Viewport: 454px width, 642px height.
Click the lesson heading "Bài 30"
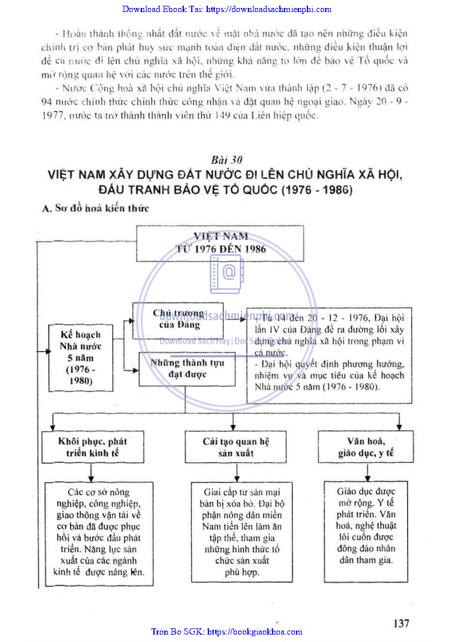point(222,160)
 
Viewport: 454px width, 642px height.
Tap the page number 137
point(401,623)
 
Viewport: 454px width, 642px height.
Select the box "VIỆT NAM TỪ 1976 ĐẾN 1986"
point(220,242)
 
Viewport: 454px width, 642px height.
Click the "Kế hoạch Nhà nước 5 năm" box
point(81,357)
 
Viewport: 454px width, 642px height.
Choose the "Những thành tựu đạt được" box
point(187,369)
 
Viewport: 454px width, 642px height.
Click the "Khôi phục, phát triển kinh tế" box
point(92,447)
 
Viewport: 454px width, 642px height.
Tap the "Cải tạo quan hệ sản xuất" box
point(236,447)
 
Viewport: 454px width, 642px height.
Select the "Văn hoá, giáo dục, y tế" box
point(366,447)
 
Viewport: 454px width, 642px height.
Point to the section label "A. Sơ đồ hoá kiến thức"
point(96,208)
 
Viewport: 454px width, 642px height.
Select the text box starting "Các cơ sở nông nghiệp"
point(99,533)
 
